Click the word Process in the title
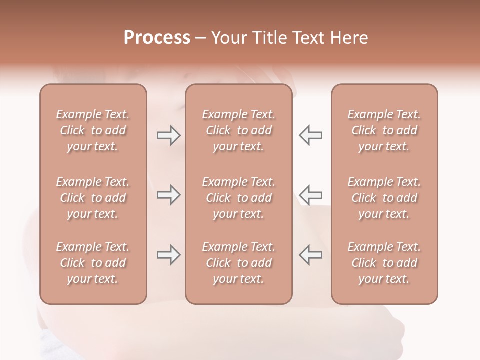click(x=157, y=38)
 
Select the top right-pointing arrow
click(x=168, y=135)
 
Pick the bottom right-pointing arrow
click(x=168, y=255)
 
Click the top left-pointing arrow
click(x=310, y=135)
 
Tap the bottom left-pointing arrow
click(x=310, y=255)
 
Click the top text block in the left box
click(x=93, y=130)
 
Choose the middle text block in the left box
click(x=93, y=198)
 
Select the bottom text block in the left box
click(x=93, y=263)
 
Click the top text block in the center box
click(x=239, y=130)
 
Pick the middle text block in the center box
click(x=239, y=198)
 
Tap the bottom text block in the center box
click(x=239, y=263)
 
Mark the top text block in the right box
click(x=384, y=130)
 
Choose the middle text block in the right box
click(x=384, y=198)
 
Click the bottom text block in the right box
click(x=384, y=263)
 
